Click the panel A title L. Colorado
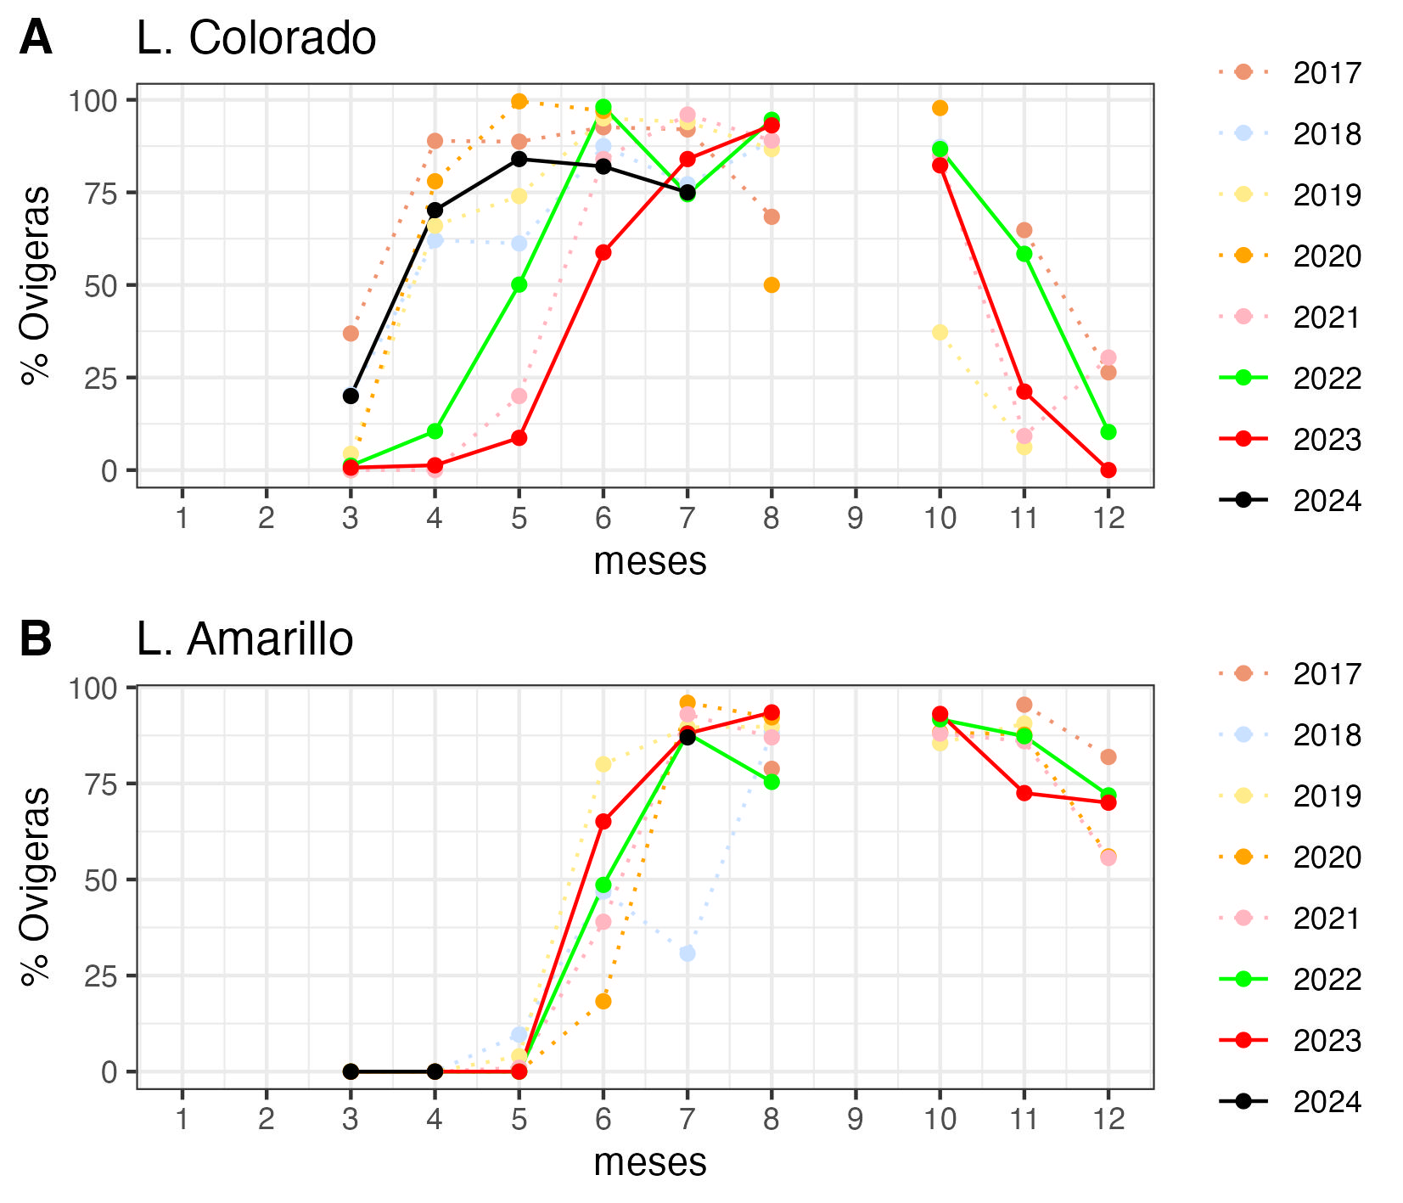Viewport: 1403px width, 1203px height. (255, 39)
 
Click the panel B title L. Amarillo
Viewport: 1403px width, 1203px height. (244, 639)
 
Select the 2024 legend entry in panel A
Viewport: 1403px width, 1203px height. (1327, 501)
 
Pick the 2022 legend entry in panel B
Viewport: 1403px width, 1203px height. (1327, 979)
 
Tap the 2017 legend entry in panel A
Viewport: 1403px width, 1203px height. (1327, 73)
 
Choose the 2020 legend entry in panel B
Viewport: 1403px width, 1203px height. (1327, 857)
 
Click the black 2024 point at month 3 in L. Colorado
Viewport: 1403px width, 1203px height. (351, 396)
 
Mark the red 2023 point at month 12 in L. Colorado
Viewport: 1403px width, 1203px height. (1108, 470)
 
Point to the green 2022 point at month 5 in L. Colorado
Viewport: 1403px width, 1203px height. (519, 284)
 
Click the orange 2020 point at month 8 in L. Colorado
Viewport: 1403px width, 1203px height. (771, 285)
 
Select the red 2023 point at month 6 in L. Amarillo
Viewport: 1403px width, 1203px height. (603, 822)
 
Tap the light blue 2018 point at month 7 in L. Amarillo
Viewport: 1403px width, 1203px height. (687, 953)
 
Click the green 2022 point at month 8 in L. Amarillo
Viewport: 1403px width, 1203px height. (771, 782)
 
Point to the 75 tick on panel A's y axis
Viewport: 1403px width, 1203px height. (100, 192)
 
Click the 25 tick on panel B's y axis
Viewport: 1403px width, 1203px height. (100, 975)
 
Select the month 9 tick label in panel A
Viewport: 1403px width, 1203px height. (855, 518)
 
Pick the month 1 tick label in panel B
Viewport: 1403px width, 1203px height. (182, 1119)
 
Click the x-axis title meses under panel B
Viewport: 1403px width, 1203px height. (649, 1162)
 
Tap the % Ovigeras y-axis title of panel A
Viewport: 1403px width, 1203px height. (36, 285)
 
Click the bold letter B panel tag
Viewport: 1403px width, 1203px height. (36, 639)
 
